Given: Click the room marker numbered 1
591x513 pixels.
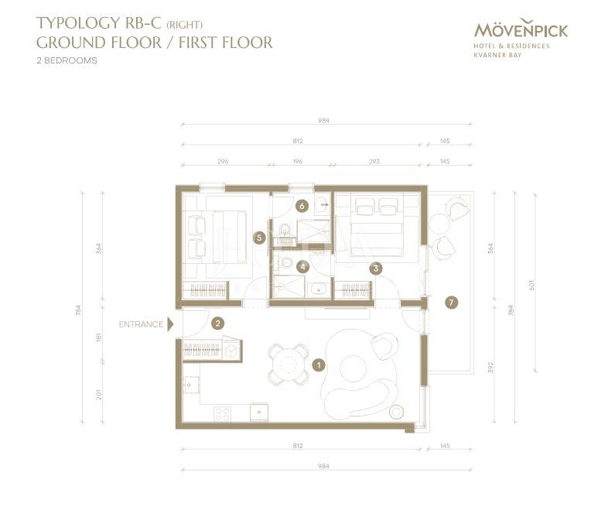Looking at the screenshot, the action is pos(319,365).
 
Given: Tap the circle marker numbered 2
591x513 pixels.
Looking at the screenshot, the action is pos(218,323).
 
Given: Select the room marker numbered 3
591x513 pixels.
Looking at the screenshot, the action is pos(376,268).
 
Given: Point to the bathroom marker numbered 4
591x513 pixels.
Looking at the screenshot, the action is pos(303,267).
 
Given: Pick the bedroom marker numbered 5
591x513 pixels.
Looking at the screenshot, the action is pos(259,238).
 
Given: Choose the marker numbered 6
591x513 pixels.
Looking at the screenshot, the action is pos(302,206).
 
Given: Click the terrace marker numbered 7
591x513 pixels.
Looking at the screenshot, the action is pos(451,303).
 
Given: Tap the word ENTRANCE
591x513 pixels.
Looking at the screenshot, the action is pos(141,324).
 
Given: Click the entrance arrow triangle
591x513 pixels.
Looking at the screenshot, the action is pos(170,324).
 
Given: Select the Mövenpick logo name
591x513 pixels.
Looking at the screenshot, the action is pos(521,29).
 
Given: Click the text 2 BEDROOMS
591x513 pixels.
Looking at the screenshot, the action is pos(67,60).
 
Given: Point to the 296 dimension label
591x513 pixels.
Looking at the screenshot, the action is pos(223,161).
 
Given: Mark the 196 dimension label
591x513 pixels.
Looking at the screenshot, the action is pos(298,161).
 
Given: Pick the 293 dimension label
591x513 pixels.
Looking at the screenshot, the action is pos(374,161).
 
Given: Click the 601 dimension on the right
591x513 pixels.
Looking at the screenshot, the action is pos(532,285).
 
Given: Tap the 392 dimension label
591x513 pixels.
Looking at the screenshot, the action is pos(490,367).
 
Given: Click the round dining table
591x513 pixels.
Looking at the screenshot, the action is pos(289,364).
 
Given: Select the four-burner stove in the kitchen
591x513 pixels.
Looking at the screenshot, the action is pos(222,414).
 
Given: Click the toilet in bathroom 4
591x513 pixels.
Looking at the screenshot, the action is pos(285,263).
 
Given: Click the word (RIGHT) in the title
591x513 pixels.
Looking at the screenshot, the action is pos(185,25).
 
